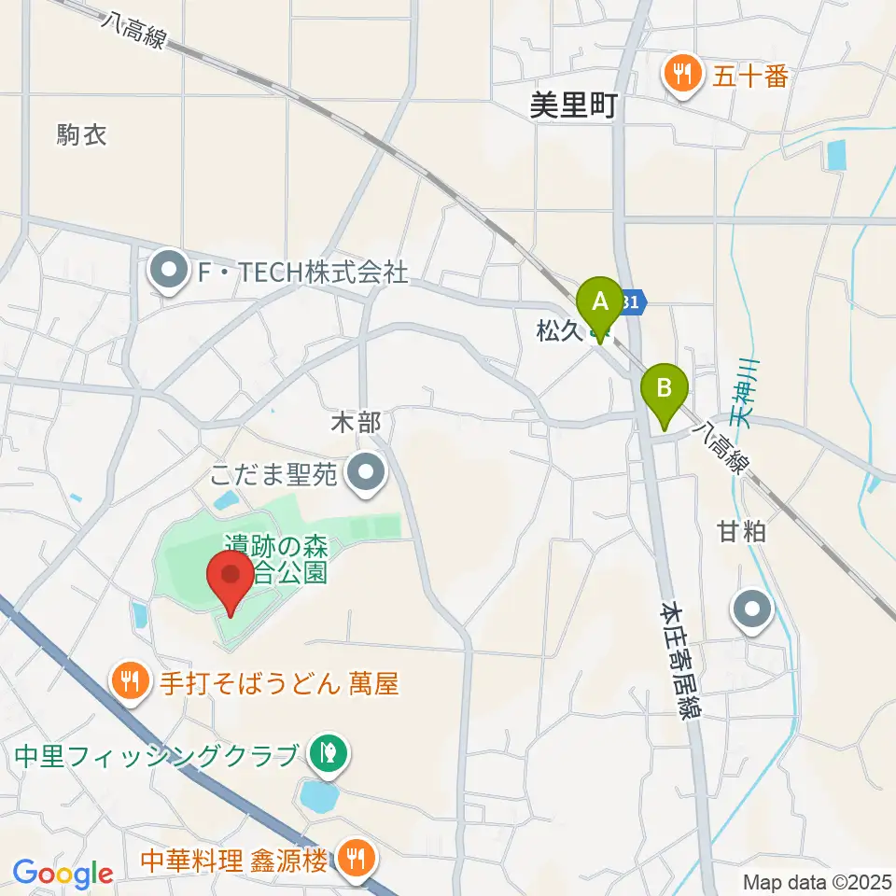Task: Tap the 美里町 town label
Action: [x=573, y=106]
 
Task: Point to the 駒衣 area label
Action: [x=82, y=135]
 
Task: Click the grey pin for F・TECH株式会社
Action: [x=169, y=273]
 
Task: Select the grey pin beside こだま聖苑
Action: [x=367, y=475]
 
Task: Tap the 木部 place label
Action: [x=356, y=423]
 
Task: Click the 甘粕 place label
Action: [x=741, y=532]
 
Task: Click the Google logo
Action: [x=63, y=874]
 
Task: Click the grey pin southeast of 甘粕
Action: [x=754, y=611]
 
